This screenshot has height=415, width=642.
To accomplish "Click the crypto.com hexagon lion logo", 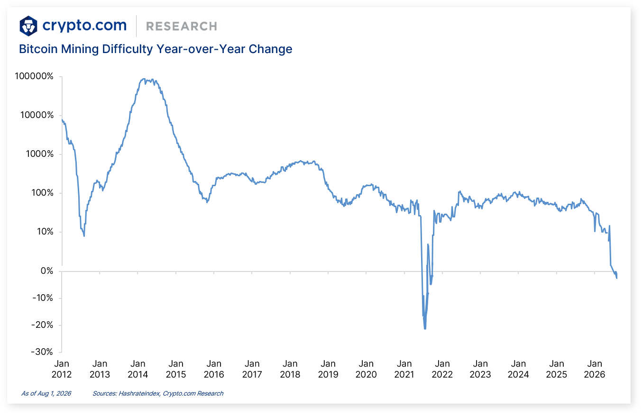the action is click(28, 26).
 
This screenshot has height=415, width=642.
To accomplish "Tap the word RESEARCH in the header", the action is click(182, 27).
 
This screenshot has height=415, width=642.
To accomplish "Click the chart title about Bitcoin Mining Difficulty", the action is click(156, 49).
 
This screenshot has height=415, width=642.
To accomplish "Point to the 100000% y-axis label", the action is click(34, 76).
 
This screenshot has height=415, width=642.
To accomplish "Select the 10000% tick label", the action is click(37, 115).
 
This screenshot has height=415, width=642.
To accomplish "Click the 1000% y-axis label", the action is click(39, 154).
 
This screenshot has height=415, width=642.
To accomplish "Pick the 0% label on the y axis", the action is click(47, 271).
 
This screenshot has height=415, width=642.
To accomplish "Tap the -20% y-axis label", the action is click(42, 325).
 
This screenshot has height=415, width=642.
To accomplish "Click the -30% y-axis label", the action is click(42, 352).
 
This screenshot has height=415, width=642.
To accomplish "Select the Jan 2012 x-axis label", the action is click(62, 369).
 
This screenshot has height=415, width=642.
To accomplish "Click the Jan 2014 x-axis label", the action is click(138, 369).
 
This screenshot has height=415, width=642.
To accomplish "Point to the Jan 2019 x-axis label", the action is click(328, 369).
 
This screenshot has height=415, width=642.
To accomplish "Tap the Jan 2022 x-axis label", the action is click(442, 369).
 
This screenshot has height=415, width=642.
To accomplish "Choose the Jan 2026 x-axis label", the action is click(595, 369).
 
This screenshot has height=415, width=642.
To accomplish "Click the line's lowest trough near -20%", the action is click(425, 329).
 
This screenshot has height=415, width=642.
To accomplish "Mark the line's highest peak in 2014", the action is click(144, 79).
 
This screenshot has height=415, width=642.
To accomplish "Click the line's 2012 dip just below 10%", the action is click(84, 236).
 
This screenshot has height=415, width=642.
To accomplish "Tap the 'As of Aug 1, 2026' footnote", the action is click(46, 394).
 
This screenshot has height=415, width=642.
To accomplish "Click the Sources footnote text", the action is click(158, 394).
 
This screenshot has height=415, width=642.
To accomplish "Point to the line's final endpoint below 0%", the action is click(617, 278).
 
